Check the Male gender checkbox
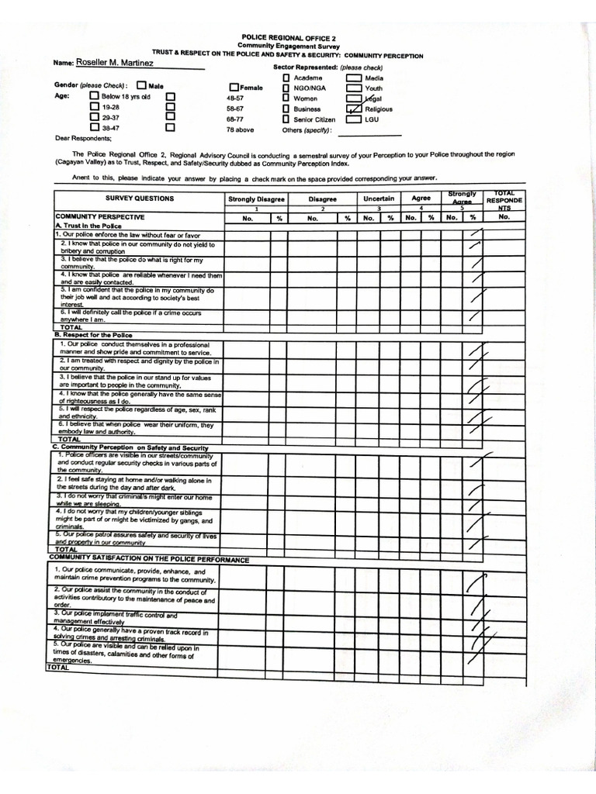tap(141, 85)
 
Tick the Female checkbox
tap(234, 88)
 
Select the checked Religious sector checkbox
tap(354, 109)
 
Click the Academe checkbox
tap(286, 78)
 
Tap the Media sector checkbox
tap(354, 78)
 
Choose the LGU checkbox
tap(354, 119)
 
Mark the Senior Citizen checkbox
tap(286, 119)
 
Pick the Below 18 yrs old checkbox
tap(94, 96)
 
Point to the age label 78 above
tap(240, 129)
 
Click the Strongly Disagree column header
tap(256, 199)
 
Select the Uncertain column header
tap(379, 198)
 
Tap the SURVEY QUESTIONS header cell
tap(140, 198)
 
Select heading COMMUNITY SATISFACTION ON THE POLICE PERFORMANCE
tap(149, 558)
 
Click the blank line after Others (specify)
tap(376, 132)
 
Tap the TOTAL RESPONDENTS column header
tap(504, 198)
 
